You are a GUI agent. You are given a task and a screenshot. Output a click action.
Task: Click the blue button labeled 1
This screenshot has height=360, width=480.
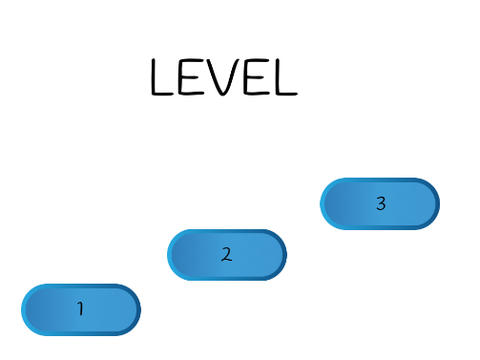pos(81,310)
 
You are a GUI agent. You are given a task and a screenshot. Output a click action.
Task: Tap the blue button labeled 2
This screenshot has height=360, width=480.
pos(227,255)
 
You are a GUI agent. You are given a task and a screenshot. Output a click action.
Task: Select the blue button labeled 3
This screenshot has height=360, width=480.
pos(380,204)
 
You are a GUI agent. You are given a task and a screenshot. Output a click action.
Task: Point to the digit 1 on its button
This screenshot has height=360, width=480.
pos(80,308)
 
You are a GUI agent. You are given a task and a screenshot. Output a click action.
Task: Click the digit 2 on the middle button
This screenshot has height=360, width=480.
pos(227,254)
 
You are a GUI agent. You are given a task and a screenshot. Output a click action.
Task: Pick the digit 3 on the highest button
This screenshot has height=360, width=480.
pos(381,203)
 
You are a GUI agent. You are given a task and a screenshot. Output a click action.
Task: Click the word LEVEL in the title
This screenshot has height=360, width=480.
pos(224,77)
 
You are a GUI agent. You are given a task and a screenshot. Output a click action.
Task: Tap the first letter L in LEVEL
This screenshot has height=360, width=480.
pos(162,77)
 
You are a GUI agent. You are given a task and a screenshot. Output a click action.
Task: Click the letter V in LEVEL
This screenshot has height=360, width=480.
pos(223,77)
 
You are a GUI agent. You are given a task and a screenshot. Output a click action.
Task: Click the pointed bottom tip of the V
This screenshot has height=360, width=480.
pos(223,96)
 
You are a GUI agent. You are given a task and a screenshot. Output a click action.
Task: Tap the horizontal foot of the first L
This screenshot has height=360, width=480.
pos(163,94)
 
